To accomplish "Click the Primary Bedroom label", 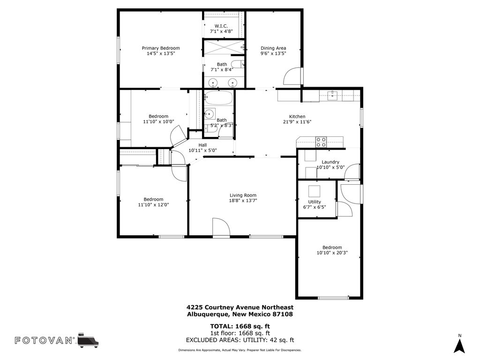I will (x=161, y=48).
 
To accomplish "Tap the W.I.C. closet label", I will (x=221, y=26).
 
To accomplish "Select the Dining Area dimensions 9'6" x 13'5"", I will (x=273, y=53).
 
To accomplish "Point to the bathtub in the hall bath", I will (x=219, y=98).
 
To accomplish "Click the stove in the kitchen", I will (x=321, y=142).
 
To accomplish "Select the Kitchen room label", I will (x=297, y=117).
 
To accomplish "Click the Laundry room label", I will (x=330, y=162).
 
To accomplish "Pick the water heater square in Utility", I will (x=314, y=191).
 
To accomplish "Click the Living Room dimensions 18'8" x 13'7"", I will (x=243, y=200).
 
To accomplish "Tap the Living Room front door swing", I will (x=220, y=227).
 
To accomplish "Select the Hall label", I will (x=202, y=145).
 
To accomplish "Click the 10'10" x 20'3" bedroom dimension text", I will (x=332, y=253).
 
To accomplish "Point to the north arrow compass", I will (x=460, y=345).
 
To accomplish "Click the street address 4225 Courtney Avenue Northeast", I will (x=240, y=307).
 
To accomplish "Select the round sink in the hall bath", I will (x=210, y=114).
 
